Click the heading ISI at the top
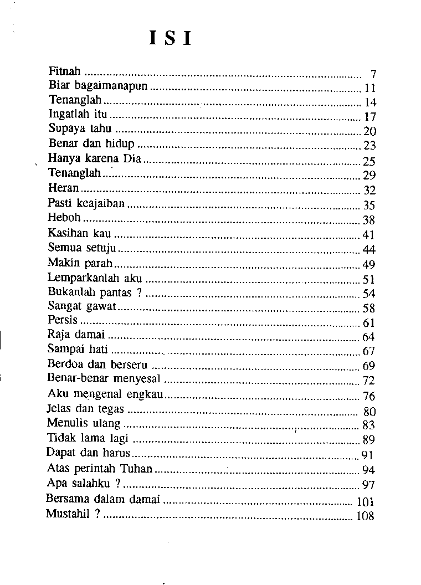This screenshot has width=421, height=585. click(x=171, y=38)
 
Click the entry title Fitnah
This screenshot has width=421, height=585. click(x=65, y=71)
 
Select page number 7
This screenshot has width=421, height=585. click(x=373, y=74)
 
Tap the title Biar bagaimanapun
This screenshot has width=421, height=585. click(x=99, y=86)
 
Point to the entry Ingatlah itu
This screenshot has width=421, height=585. click(x=78, y=115)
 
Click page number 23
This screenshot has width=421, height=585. click(x=369, y=146)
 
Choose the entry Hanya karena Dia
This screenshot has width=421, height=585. click(x=95, y=160)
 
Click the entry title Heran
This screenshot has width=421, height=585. click(x=63, y=188)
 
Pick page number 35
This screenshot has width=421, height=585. click(x=369, y=205)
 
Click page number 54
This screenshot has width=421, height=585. click(x=369, y=294)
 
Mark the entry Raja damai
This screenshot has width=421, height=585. click(x=77, y=335)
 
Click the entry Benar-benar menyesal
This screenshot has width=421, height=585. click(x=104, y=378)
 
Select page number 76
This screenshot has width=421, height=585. click(x=369, y=396)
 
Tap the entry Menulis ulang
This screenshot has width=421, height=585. click(x=83, y=423)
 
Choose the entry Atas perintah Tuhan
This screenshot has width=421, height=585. click(x=99, y=468)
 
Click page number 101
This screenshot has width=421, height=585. click(x=366, y=502)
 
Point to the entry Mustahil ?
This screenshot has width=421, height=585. click(x=73, y=514)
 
